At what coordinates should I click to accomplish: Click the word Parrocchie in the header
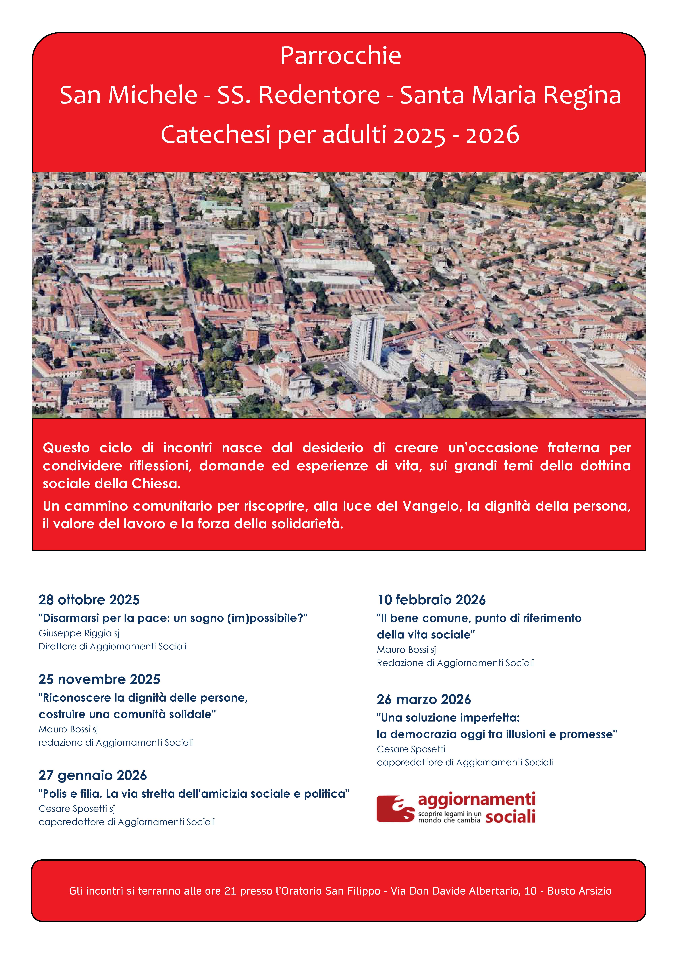[340, 56]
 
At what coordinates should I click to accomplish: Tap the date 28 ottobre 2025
[89, 600]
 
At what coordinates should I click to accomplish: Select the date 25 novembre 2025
[99, 679]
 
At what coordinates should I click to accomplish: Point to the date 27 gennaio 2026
[93, 775]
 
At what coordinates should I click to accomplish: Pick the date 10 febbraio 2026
[431, 600]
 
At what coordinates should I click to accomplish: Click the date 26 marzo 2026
[424, 699]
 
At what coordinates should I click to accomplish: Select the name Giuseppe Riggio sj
[79, 633]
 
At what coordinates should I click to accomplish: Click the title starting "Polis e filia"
[194, 793]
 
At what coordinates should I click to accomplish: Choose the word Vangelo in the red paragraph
[430, 506]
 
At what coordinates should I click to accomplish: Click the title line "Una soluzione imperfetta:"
[448, 717]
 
